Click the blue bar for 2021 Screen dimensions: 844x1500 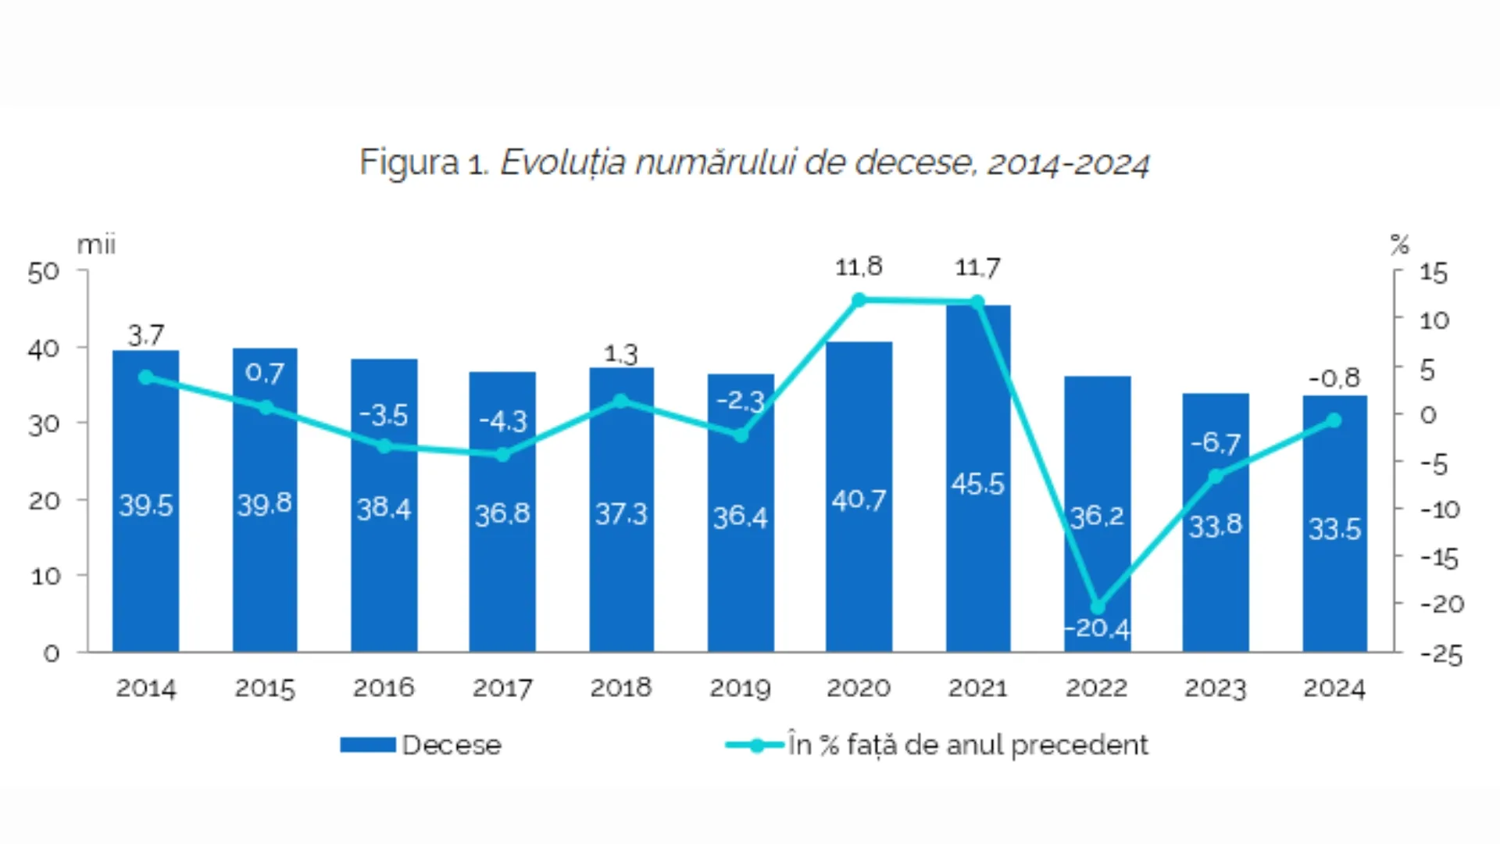[x=978, y=547]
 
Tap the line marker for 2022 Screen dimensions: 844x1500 [x=1098, y=607]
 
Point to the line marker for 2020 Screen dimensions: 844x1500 [x=859, y=300]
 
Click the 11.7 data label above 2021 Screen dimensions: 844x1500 [x=977, y=268]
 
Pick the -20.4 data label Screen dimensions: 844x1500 [x=1098, y=629]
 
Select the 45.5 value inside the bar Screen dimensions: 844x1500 [x=977, y=485]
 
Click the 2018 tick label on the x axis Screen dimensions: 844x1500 [x=621, y=688]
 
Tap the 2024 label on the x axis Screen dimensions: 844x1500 [x=1334, y=688]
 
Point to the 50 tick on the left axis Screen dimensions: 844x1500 [x=44, y=272]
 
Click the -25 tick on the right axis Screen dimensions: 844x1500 [x=1441, y=654]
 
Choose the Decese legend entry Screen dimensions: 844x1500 [x=422, y=745]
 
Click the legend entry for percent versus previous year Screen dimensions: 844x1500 [x=937, y=745]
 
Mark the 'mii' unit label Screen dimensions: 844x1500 [x=96, y=245]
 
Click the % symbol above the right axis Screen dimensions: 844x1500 [x=1399, y=245]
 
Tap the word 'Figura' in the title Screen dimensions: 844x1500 [x=409, y=163]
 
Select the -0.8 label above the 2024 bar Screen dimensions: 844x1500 [x=1334, y=378]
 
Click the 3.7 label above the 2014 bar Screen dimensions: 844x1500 [x=146, y=336]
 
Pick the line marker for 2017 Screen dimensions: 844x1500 [x=503, y=454]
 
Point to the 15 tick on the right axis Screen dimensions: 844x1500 [x=1434, y=273]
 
